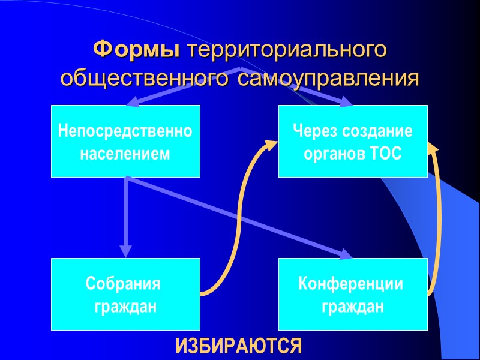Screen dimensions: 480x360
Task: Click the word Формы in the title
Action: click(137, 50)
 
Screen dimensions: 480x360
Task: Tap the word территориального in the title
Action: click(284, 50)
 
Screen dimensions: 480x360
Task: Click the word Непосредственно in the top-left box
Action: click(125, 131)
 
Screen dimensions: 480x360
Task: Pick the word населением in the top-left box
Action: click(125, 154)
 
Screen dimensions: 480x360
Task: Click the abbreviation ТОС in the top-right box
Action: click(386, 154)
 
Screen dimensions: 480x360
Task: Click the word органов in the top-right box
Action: click(332, 154)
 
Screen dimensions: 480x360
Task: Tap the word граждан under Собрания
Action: click(126, 307)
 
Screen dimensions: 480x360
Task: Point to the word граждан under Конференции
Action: click(353, 307)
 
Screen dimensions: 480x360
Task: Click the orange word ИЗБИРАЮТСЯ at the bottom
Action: click(238, 346)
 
